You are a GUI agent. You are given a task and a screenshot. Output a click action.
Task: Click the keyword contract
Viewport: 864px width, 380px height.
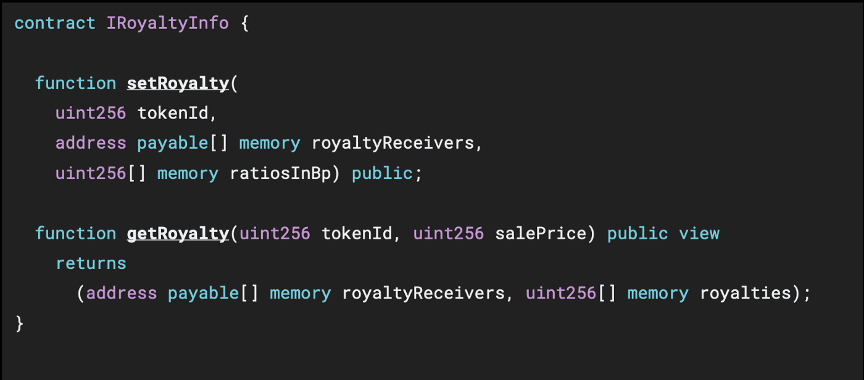[55, 23]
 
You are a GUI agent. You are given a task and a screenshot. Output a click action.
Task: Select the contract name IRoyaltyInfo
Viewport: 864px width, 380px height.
[167, 23]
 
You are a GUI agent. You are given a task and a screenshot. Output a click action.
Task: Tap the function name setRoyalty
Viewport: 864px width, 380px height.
[178, 83]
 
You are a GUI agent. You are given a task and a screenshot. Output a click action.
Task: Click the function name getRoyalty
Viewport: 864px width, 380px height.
[178, 234]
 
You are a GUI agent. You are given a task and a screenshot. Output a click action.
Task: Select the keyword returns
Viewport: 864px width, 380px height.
[91, 263]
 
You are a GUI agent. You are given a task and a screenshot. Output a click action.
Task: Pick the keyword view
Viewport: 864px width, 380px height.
[699, 234]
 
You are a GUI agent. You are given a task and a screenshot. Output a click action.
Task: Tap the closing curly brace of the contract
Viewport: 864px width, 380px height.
[19, 323]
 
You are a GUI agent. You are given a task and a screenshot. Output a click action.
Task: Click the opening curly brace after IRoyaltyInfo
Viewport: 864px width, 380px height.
[244, 23]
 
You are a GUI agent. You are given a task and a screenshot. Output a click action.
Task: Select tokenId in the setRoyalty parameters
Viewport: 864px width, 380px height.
[178, 114]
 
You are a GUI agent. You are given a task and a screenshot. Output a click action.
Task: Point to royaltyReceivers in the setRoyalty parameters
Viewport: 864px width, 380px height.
[393, 143]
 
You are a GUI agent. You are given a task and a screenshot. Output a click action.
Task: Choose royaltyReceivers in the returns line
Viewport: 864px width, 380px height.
[423, 293]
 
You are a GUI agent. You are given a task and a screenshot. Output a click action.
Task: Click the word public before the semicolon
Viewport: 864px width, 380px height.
[382, 174]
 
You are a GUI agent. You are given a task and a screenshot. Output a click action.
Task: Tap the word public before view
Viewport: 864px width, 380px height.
[638, 234]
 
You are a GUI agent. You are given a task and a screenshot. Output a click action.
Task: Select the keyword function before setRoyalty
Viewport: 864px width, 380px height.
[75, 83]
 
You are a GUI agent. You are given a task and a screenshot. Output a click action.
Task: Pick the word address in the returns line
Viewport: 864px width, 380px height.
[122, 293]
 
